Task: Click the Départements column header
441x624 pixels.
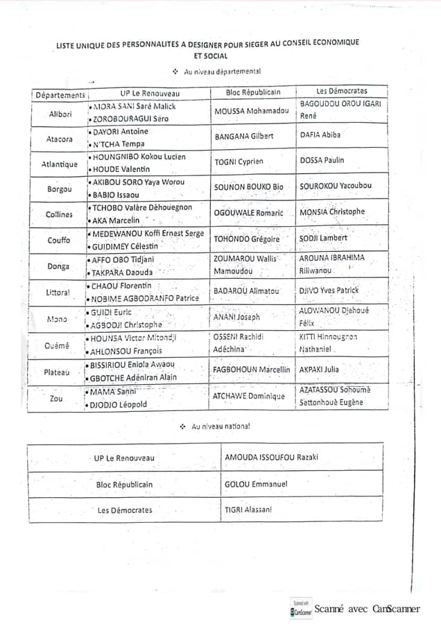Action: tap(60, 94)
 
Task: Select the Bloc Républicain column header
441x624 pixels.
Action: tap(253, 92)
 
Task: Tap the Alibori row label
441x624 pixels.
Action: tap(60, 114)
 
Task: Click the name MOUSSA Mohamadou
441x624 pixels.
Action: tap(251, 111)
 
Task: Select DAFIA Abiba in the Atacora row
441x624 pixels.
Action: tap(320, 135)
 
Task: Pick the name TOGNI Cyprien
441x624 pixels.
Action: tap(239, 161)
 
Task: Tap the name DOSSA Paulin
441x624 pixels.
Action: tap(322, 160)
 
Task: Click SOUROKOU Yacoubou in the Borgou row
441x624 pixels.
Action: tap(335, 186)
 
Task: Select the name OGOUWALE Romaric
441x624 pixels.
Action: tap(249, 213)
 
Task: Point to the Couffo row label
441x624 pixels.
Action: tap(59, 241)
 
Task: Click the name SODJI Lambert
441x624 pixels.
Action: tap(323, 238)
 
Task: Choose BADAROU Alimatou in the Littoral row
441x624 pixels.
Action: tap(246, 291)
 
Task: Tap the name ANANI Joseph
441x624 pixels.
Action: tap(237, 317)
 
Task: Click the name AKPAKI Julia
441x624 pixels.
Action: tap(319, 370)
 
